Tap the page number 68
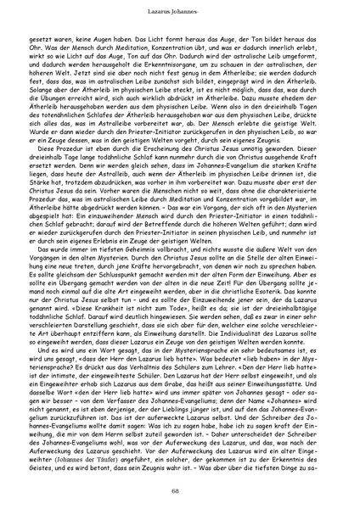click(x=179, y=493)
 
